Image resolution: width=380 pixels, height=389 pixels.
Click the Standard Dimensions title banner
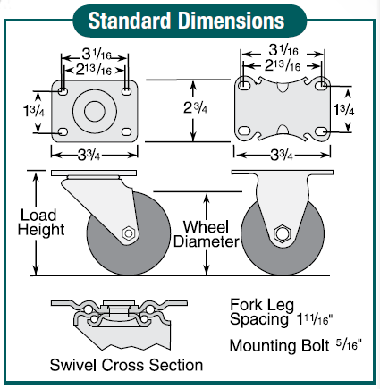pyautogui.click(x=190, y=18)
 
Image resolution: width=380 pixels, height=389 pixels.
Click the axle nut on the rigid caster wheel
pyautogui.click(x=283, y=235)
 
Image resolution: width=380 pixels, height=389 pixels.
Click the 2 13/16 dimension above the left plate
pyautogui.click(x=94, y=68)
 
